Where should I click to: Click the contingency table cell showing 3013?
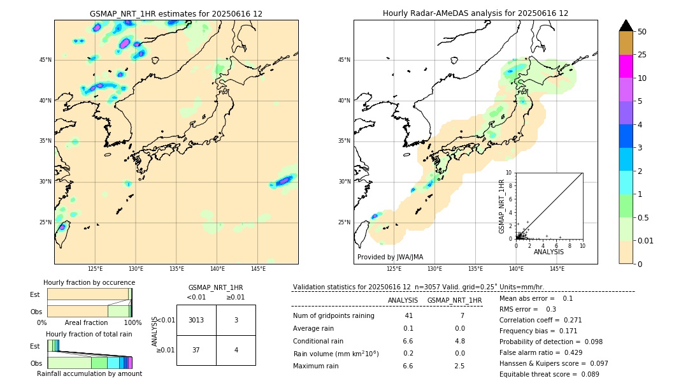pos(196,320)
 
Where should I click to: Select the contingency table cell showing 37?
pos(196,350)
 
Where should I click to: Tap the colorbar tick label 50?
pos(642,32)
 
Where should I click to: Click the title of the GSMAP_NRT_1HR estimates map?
pos(176,13)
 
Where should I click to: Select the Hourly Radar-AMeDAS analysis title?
pos(475,13)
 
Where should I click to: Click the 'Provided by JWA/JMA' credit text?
pos(390,257)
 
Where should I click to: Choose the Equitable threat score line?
pos(549,374)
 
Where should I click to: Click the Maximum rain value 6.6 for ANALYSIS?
pos(408,366)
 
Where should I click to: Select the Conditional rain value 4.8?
pos(459,341)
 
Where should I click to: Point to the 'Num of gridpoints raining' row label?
pos(334,315)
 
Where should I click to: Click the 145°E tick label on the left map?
pos(258,269)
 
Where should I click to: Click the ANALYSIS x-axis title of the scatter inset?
pos(549,252)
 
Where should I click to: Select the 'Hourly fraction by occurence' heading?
pos(89,282)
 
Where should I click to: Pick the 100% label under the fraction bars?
pos(132,322)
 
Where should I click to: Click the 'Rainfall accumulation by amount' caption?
pos(89,373)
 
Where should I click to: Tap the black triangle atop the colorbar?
pos(626,25)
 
